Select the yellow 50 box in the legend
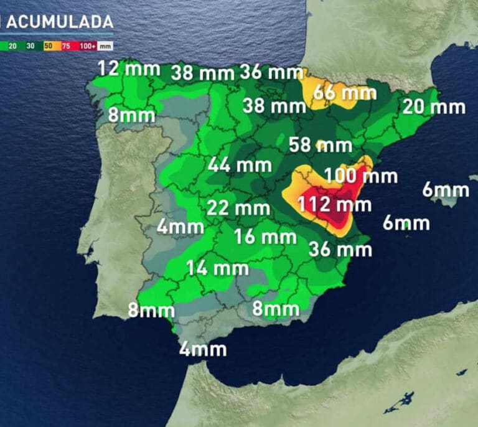48,46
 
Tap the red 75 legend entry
66,46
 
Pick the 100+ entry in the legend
87,46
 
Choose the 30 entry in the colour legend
30,46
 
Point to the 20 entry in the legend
12,46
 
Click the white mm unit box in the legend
105,46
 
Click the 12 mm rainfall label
129,68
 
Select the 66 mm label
345,93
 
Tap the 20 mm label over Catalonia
434,106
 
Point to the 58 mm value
321,146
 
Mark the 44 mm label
240,165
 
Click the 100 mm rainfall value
360,176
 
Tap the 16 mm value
265,237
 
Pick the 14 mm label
218,268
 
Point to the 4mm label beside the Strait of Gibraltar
203,349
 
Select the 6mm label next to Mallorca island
445,189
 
